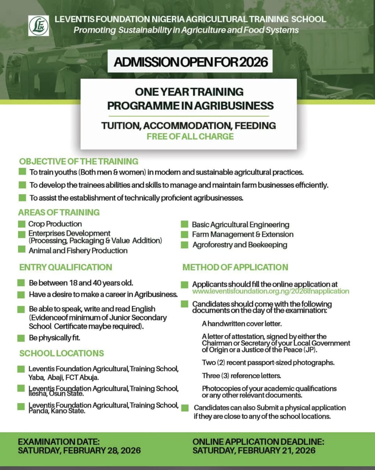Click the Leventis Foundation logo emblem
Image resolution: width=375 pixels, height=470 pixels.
pos(39,25)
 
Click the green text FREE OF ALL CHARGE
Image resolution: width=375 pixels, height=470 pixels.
pos(190,137)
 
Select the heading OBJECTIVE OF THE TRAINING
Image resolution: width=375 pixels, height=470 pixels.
pos(79,162)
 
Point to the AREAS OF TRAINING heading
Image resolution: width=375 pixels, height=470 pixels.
pos(59,212)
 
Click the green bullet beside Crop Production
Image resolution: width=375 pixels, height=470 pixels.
pos(22,224)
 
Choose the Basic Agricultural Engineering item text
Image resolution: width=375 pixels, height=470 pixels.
pos(240,225)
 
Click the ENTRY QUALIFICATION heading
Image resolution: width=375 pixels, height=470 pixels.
pos(66,267)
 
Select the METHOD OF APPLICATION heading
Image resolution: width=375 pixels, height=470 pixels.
pos(235,267)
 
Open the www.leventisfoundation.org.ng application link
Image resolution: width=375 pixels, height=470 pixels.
pos(271,291)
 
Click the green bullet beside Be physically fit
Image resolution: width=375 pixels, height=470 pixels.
pos(21,338)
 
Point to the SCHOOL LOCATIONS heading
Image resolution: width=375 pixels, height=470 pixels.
pos(62,353)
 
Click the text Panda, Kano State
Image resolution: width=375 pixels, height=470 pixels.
pos(57,411)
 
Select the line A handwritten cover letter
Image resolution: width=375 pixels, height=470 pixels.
pos(242,324)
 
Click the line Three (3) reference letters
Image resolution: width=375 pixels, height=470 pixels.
pos(241,376)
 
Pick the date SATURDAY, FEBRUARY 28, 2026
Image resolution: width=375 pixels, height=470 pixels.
pos(79,451)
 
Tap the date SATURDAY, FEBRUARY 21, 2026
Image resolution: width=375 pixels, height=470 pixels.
pos(254,451)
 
